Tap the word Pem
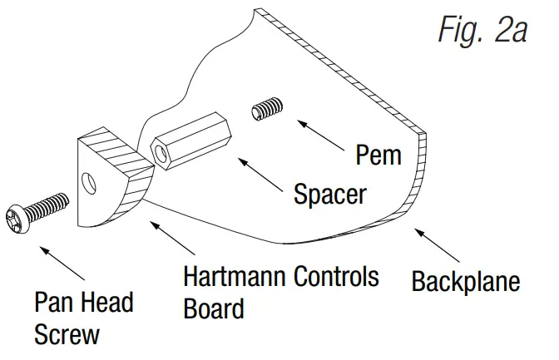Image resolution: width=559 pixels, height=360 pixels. click(x=378, y=155)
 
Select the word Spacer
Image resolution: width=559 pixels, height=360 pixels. click(x=329, y=195)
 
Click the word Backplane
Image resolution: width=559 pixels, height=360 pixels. click(x=466, y=281)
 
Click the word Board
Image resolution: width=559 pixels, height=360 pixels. click(x=214, y=309)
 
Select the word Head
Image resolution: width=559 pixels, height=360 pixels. click(x=107, y=302)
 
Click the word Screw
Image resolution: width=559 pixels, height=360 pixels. click(x=67, y=335)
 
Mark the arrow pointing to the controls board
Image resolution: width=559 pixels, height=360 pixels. click(x=172, y=238)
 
